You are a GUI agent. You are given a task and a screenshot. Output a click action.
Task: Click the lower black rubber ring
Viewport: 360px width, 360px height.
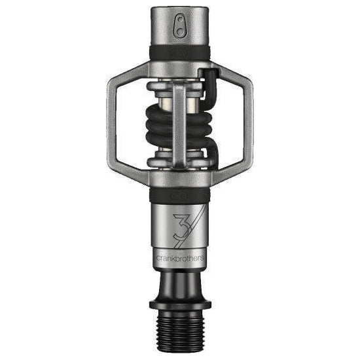tap(179, 194)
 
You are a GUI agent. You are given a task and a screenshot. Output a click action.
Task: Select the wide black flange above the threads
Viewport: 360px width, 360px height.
tap(179, 304)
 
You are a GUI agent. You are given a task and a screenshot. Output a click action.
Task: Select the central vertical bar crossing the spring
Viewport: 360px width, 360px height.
tap(180, 124)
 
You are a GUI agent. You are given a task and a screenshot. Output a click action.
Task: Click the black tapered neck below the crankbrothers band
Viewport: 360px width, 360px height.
tap(179, 281)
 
